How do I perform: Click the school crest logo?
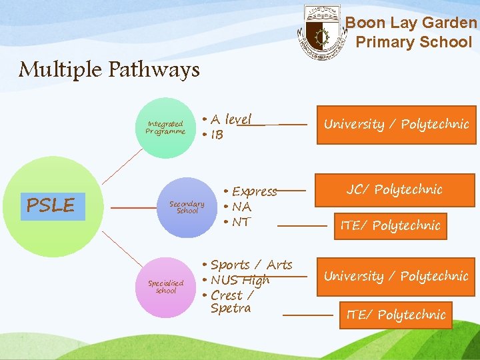323,33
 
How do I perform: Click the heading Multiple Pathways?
109,69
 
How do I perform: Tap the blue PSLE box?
51,205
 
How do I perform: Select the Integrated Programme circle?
165,127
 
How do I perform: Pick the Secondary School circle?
187,207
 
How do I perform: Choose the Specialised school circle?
165,287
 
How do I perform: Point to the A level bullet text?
231,119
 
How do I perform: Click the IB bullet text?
217,135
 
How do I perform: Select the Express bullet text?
253,191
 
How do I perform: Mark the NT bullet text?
241,222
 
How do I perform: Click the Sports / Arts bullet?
251,265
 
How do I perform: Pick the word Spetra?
231,308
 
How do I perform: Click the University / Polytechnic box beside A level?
396,125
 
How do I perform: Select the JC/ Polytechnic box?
394,190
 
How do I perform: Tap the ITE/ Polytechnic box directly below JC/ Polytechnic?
390,226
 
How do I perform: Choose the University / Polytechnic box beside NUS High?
396,276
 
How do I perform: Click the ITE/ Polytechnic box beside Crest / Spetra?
395,315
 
